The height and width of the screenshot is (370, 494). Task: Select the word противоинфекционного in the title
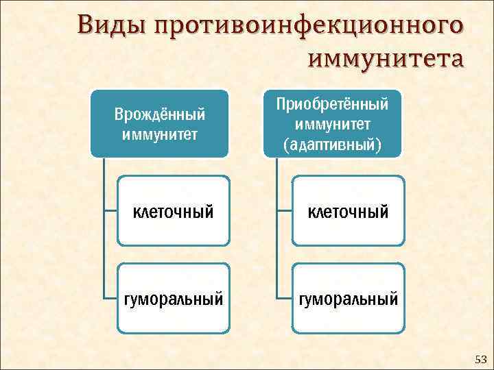[305, 26]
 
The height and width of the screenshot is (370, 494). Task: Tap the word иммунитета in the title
[386, 58]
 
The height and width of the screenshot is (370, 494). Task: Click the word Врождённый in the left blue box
[159, 112]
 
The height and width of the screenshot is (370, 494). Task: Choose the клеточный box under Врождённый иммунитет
[172, 211]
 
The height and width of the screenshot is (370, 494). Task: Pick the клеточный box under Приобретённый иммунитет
[348, 211]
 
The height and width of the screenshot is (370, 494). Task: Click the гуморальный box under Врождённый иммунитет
[172, 299]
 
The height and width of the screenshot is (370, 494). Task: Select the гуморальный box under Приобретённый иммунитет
[348, 299]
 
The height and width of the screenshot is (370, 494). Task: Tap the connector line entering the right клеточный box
[284, 211]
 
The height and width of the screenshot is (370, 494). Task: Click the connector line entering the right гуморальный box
[284, 299]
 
